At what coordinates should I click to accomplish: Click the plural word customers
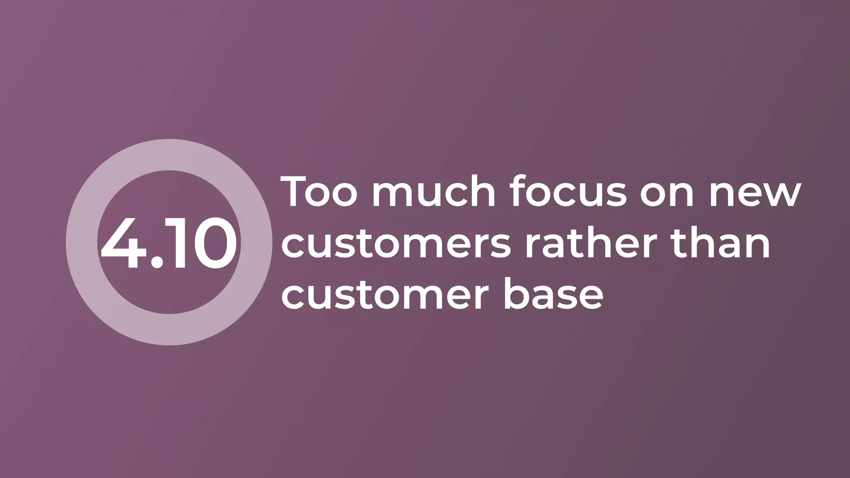396,245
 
